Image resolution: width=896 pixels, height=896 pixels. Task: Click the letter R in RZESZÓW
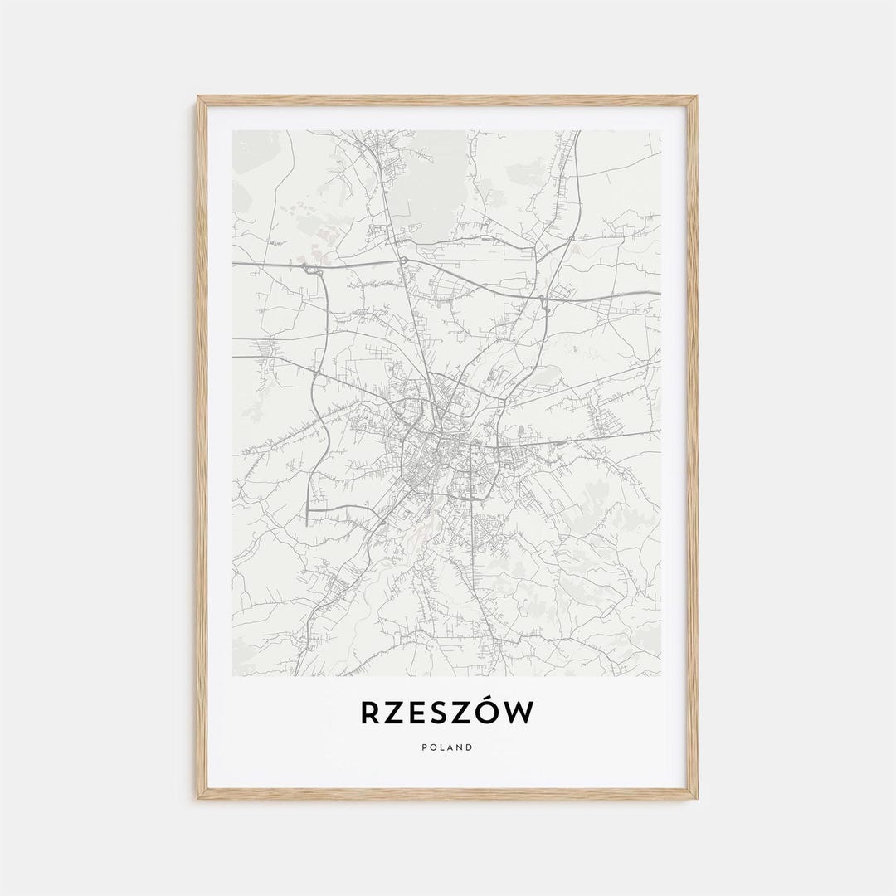coord(370,713)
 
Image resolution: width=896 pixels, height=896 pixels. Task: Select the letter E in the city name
coord(416,713)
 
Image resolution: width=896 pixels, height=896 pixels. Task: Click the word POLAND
coord(447,747)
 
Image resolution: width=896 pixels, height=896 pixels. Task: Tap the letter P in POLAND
coord(424,747)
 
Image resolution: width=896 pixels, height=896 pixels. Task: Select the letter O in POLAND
coord(433,747)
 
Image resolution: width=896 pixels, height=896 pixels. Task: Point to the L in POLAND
coord(442,747)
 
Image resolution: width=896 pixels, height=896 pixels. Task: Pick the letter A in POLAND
coord(450,747)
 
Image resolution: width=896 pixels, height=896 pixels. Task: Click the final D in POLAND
coord(470,747)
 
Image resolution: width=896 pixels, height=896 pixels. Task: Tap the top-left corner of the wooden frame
coord(197,96)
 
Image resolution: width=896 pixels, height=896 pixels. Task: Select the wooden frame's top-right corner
coord(697,96)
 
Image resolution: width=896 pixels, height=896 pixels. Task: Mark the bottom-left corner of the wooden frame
coord(197,799)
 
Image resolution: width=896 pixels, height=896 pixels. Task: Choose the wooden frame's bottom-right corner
coord(697,799)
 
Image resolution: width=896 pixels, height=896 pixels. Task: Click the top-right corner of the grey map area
coord(660,131)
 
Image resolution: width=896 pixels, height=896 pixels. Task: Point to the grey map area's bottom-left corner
coord(233,675)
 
